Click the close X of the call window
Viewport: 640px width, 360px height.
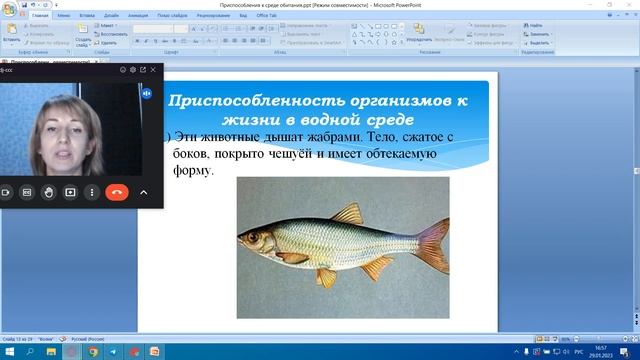pyautogui.click(x=155, y=70)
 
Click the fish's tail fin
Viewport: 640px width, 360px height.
pyautogui.click(x=431, y=244)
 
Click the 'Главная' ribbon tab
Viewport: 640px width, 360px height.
pyautogui.click(x=40, y=17)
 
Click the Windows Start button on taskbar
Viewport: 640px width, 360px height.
pyautogui.click(x=8, y=352)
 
